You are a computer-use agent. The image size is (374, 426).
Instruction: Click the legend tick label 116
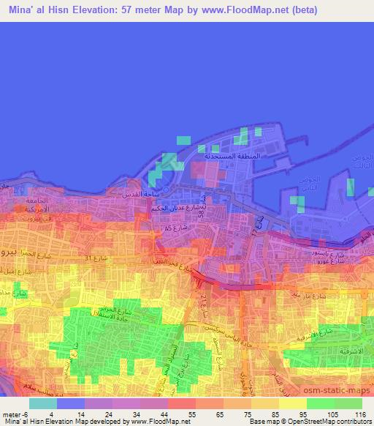pyautogui.click(x=359, y=414)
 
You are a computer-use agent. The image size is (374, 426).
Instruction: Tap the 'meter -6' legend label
pyautogui.click(x=16, y=414)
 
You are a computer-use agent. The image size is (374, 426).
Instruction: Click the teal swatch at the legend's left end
pyautogui.click(x=43, y=403)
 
